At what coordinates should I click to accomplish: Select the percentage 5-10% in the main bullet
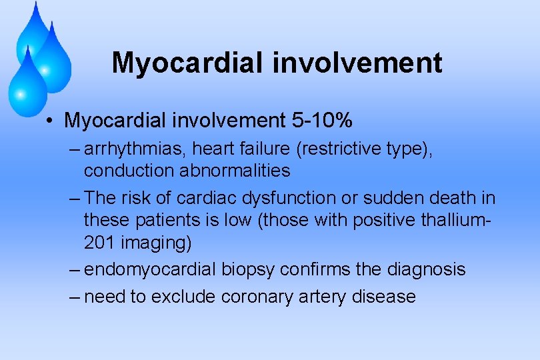click(322, 121)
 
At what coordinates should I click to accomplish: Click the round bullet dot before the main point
click(51, 121)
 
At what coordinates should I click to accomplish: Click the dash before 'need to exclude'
click(75, 296)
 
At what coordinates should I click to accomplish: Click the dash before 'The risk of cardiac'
click(75, 198)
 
